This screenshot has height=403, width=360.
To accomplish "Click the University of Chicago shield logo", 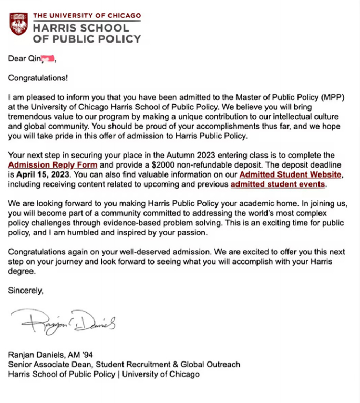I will [19, 25].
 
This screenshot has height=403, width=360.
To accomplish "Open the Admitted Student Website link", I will [291, 174].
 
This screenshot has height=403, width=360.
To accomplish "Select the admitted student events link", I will [278, 184].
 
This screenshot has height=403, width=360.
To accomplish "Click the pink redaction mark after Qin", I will [48, 58].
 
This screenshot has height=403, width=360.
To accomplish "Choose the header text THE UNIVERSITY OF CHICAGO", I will [87, 15].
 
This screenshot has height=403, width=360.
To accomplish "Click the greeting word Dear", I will [17, 58].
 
